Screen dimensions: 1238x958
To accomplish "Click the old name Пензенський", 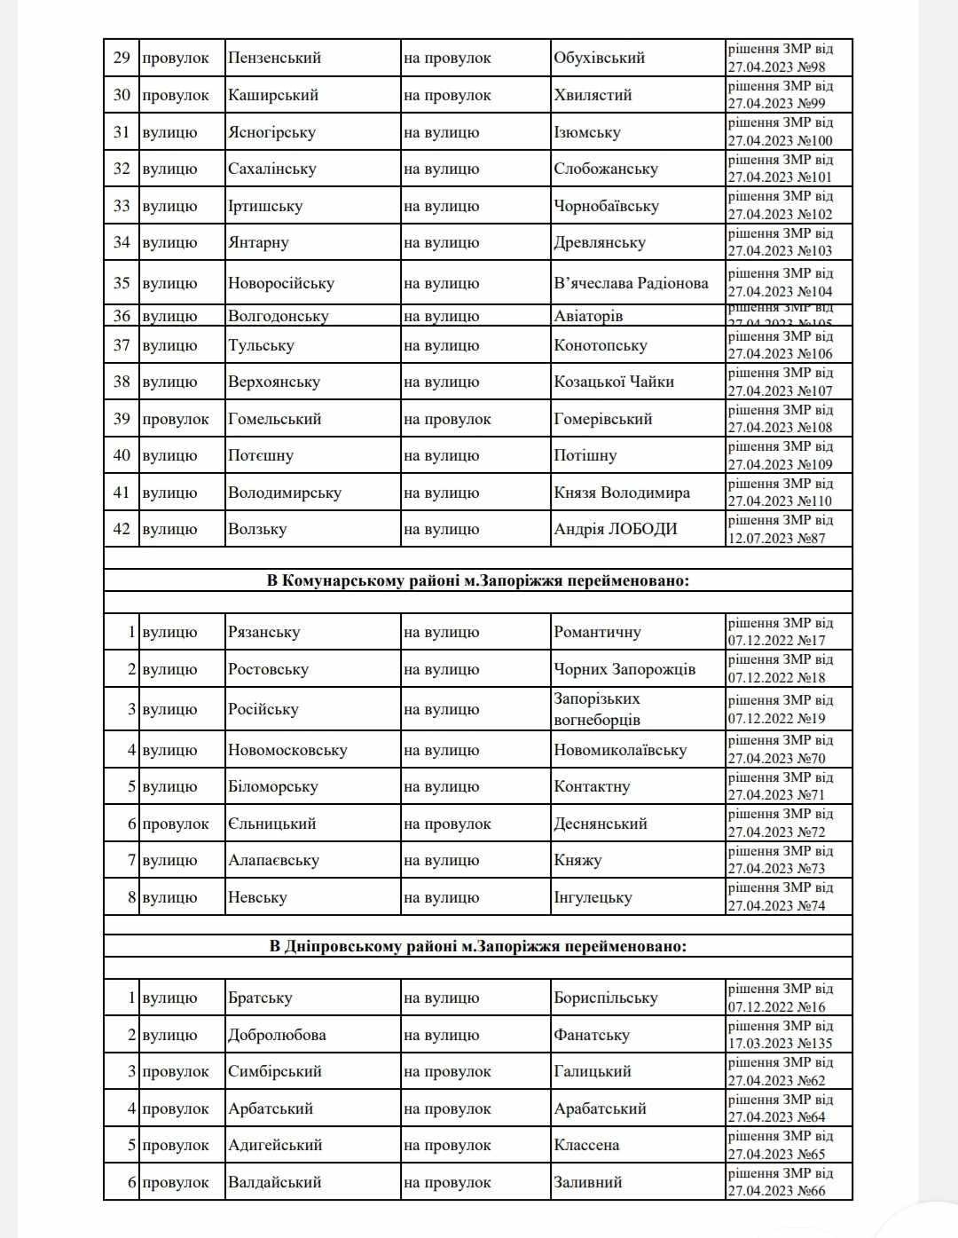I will click(x=274, y=59).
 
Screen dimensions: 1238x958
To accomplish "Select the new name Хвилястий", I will click(x=593, y=95).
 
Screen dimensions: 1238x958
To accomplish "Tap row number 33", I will click(x=122, y=206).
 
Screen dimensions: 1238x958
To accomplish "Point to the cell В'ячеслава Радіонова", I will click(x=631, y=283).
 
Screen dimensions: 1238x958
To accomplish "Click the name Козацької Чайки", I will click(x=614, y=382).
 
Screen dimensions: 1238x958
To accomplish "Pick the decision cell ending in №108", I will click(x=780, y=419).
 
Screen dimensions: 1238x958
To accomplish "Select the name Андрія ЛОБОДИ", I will click(x=615, y=530).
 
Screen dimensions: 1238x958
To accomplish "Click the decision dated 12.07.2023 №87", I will click(x=780, y=530).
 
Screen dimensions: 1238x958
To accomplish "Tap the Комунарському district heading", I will click(x=477, y=581).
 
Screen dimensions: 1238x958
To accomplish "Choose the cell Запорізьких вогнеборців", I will click(x=597, y=709).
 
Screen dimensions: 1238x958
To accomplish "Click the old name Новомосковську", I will click(x=287, y=751).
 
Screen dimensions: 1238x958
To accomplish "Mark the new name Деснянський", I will click(x=601, y=824).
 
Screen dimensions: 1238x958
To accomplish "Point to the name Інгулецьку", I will click(x=593, y=898).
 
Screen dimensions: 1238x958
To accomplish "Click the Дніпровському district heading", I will click(x=477, y=947).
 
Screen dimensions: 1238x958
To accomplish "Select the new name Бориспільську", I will click(x=606, y=998).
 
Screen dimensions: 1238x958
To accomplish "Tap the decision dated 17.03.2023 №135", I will click(x=780, y=1036).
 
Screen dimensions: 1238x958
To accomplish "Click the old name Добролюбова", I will click(x=277, y=1036).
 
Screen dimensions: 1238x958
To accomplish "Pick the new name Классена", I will click(x=586, y=1146).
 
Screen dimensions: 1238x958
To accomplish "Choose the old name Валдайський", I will click(x=274, y=1183).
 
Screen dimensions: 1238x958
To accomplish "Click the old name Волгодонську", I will click(x=278, y=317).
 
